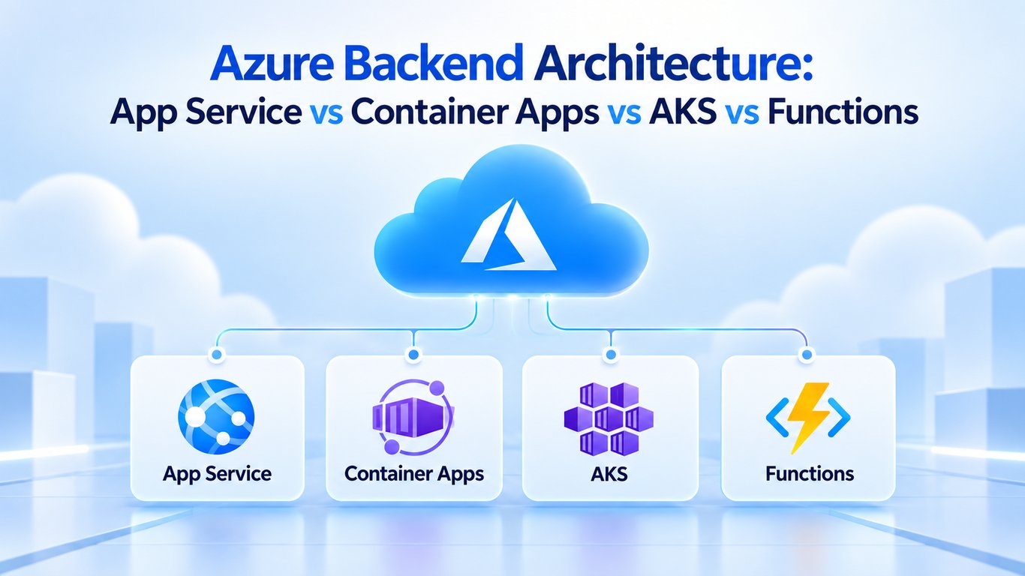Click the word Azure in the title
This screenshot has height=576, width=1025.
[x=272, y=62]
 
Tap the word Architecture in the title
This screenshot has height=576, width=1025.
[x=668, y=62]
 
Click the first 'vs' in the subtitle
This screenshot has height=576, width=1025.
[x=326, y=113]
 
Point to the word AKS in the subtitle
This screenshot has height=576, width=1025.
[x=683, y=112]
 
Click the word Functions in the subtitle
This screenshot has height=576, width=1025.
[x=843, y=112]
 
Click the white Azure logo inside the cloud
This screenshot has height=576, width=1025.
[x=509, y=235]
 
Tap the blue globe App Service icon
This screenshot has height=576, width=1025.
[x=216, y=416]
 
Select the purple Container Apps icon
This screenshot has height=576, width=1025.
[x=413, y=417]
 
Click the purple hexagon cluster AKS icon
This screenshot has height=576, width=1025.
[x=609, y=419]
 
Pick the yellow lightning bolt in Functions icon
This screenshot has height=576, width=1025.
[x=807, y=417]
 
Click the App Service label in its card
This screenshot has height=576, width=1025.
[x=217, y=473]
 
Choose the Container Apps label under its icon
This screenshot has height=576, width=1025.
[x=413, y=473]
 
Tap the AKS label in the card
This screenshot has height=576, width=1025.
[x=609, y=474]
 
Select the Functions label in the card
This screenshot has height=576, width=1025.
[x=810, y=473]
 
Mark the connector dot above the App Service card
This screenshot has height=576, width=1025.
[x=217, y=355]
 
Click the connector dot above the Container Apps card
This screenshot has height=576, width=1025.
[x=413, y=355]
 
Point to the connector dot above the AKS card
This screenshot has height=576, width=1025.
[x=611, y=355]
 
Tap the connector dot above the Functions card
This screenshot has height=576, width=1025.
[x=807, y=355]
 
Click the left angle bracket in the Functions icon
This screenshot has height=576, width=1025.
[x=776, y=417]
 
